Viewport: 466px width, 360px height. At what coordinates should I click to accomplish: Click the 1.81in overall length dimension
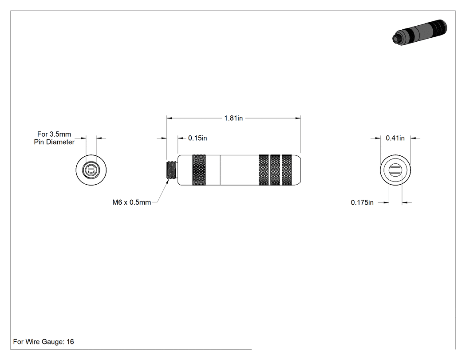pos(233,119)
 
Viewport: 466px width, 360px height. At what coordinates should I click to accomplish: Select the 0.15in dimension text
pos(197,138)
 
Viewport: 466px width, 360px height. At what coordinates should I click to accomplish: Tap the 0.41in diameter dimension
pos(395,138)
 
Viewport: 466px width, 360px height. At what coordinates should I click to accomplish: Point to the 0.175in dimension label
pos(362,202)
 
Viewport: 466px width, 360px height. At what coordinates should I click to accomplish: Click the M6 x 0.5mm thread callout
pos(132,202)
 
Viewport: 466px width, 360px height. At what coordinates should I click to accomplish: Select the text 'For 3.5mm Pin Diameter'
pos(54,138)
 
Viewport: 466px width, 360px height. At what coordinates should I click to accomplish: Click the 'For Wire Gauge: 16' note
pos(43,342)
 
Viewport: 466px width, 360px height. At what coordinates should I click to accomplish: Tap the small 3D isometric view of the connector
pos(420,32)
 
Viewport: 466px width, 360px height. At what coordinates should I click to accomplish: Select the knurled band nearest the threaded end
pos(199,170)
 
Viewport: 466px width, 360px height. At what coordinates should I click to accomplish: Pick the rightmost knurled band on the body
pos(287,170)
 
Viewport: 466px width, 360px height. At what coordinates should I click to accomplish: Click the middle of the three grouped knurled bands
pos(275,170)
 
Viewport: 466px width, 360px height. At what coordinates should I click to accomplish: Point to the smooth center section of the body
pos(239,170)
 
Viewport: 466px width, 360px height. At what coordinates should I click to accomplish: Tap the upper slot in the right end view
pos(395,167)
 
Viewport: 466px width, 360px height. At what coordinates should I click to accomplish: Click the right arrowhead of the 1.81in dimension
pos(298,119)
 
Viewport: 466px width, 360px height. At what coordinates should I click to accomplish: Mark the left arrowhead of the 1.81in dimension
pos(170,119)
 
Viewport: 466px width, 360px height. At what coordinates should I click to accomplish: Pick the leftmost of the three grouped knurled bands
pos(264,170)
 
